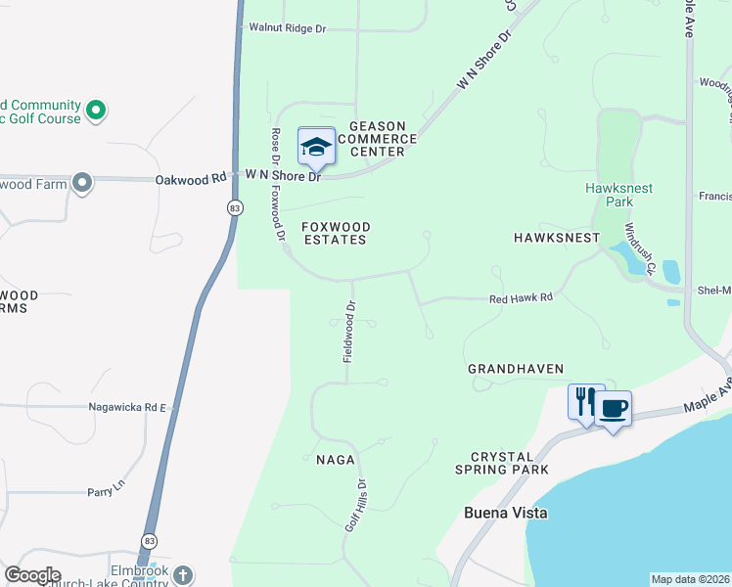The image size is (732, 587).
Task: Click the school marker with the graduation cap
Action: pos(316,147)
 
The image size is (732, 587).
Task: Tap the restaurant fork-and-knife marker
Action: pos(585,401)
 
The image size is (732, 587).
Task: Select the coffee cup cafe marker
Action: pos(613,408)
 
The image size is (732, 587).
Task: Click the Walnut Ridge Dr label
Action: pos(287,28)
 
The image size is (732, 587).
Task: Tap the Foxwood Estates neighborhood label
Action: pos(335,233)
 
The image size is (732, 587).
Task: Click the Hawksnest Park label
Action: pos(618,195)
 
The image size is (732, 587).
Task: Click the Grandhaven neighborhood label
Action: pos(516,369)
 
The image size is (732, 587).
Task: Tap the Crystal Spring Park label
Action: pos(509,463)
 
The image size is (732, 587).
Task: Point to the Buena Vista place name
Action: pos(505,513)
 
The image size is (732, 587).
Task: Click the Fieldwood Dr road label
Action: pos(347,332)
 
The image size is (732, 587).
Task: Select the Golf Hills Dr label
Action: pos(355,505)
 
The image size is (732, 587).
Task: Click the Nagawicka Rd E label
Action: pos(128,406)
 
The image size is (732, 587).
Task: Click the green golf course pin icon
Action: pos(95,111)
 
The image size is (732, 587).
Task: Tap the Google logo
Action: pos(33,575)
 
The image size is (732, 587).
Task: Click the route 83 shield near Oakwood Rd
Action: pos(234,207)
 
